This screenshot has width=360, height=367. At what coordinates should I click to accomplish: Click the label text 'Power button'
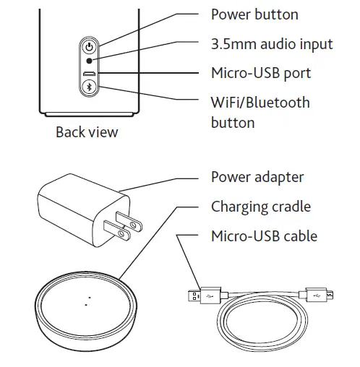pyautogui.click(x=254, y=14)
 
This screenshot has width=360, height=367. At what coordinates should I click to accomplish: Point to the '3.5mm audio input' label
pyautogui.click(x=271, y=44)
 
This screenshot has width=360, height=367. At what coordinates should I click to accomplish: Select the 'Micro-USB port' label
pyautogui.click(x=260, y=73)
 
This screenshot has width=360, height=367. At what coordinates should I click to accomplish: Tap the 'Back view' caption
pyautogui.click(x=87, y=132)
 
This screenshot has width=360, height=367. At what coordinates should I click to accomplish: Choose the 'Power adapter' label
pyautogui.click(x=257, y=177)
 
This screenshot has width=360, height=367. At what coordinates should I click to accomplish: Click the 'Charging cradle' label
pyautogui.click(x=260, y=207)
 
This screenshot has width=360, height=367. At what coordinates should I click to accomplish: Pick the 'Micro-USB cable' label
pyautogui.click(x=264, y=236)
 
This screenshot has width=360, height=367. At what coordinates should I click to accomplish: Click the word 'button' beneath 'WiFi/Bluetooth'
pyautogui.click(x=232, y=123)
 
